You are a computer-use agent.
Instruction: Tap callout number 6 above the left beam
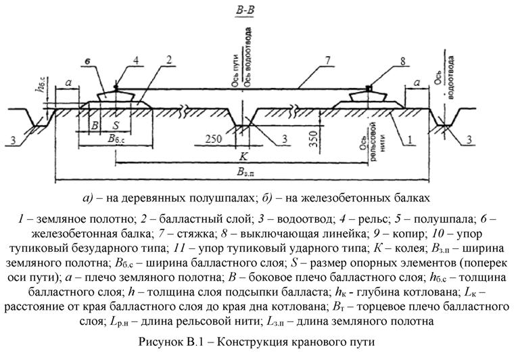88,62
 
